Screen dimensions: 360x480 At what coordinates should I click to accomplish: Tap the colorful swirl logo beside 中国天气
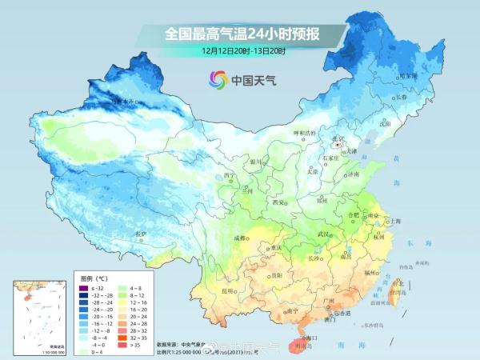click(218, 79)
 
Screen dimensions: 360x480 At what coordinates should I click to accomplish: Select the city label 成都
click(239, 238)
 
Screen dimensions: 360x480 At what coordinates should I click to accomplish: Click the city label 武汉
click(323, 233)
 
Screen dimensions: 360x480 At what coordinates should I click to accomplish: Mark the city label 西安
click(279, 202)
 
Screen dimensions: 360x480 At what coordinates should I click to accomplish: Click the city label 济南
click(352, 174)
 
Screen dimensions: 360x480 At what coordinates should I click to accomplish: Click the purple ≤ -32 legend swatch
click(83, 286)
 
